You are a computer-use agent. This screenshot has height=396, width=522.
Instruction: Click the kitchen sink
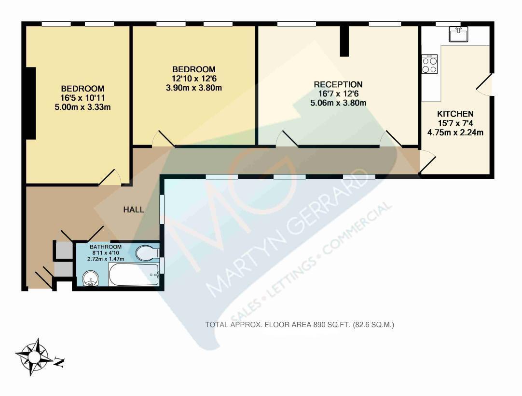[458, 34]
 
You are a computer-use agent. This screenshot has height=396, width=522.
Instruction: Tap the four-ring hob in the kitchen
[429, 64]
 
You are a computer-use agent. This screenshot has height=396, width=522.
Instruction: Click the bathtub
[135, 275]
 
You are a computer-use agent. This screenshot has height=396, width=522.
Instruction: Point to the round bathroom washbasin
[90, 278]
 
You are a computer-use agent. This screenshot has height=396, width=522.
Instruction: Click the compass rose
[33, 357]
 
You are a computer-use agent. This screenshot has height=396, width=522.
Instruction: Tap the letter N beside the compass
[59, 362]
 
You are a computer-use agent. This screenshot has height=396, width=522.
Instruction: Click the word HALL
[134, 210]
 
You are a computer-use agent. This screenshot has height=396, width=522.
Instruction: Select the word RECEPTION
[338, 84]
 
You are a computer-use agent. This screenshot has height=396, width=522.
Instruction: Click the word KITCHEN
[455, 114]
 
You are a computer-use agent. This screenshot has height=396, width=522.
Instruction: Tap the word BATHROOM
[106, 247]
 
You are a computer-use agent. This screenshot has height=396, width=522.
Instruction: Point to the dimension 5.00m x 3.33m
[82, 107]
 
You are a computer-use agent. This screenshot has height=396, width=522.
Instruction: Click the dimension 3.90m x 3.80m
[194, 88]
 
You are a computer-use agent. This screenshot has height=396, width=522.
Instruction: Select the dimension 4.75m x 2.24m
[455, 132]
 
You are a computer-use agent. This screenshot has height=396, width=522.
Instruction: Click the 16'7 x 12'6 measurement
[338, 94]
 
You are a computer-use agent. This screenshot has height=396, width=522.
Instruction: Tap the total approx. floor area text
[300, 325]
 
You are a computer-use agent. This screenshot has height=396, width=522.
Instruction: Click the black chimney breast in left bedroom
[31, 103]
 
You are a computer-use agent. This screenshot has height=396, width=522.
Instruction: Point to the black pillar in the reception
[344, 41]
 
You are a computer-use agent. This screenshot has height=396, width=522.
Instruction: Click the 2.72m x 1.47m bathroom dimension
[106, 259]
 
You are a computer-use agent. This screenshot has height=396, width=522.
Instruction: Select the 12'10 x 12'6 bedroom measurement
[194, 79]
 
